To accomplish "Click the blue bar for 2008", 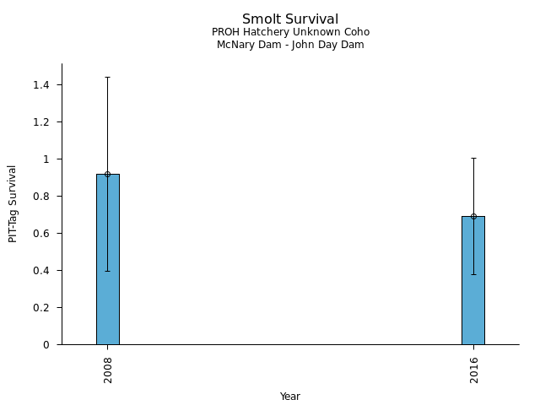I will [x=107, y=270].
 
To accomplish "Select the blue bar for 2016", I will [x=472, y=287].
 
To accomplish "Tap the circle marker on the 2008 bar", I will [x=107, y=174].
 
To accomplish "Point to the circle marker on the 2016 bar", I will [x=473, y=216].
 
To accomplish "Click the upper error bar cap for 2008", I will [x=107, y=77].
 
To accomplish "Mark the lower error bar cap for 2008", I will [x=107, y=271].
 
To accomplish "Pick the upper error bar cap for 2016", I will [x=473, y=158].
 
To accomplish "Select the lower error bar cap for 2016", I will [x=473, y=274].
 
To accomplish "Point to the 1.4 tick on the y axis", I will [x=42, y=85].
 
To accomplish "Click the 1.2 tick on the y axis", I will [x=42, y=122].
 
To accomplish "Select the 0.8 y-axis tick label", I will [x=42, y=197].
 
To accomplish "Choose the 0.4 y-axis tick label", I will [x=42, y=271].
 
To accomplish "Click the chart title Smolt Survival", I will [x=290, y=19].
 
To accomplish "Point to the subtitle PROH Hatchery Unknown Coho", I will [x=290, y=32].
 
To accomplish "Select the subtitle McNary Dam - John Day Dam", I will [x=290, y=45].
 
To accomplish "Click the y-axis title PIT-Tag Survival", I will [x=13, y=203].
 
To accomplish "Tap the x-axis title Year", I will [x=290, y=397].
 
